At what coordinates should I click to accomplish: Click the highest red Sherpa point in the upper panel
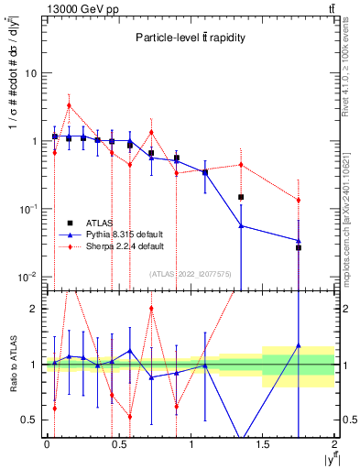(69, 105)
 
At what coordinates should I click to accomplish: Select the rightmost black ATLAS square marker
(299, 247)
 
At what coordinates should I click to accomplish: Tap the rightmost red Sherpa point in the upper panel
(299, 200)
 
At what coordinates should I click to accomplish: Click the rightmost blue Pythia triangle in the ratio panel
(299, 345)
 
